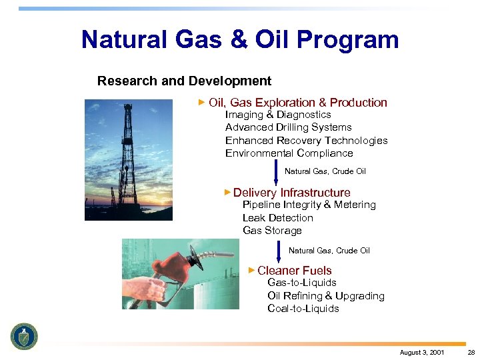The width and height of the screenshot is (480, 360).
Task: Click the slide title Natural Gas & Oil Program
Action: pyautogui.click(x=240, y=40)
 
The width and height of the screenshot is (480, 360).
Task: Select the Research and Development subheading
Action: pyautogui.click(x=184, y=81)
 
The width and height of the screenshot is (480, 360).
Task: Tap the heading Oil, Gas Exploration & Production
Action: pyautogui.click(x=297, y=103)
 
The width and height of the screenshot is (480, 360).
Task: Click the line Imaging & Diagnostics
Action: pyautogui.click(x=278, y=115)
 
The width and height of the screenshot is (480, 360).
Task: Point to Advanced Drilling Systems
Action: pyautogui.click(x=288, y=127)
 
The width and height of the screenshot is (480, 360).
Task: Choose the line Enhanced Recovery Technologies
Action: pyautogui.click(x=306, y=141)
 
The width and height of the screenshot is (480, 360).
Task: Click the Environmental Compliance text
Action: pyautogui.click(x=289, y=153)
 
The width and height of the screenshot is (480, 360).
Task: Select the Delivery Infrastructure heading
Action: pyautogui.click(x=291, y=193)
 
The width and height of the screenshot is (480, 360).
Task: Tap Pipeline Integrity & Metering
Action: pyautogui.click(x=309, y=205)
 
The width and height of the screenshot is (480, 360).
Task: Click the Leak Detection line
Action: pyautogui.click(x=277, y=218)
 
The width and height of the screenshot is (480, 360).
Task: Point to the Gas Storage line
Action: pyautogui.click(x=272, y=231)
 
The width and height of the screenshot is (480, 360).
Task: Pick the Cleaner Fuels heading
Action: pyautogui.click(x=294, y=271)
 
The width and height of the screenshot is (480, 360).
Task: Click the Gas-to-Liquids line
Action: pyautogui.click(x=301, y=283)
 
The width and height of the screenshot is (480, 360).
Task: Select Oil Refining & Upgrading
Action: pyautogui.click(x=325, y=296)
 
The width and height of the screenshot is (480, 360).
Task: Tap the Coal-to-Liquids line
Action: pyautogui.click(x=303, y=309)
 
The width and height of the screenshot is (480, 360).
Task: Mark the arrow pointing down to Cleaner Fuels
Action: pyautogui.click(x=279, y=252)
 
